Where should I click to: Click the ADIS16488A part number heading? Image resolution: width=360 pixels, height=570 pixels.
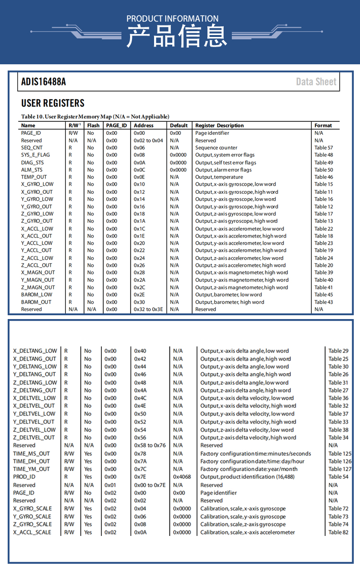click(x=44, y=82)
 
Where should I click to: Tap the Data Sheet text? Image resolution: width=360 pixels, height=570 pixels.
click(x=316, y=82)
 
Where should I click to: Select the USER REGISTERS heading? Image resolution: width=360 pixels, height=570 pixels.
click(x=53, y=103)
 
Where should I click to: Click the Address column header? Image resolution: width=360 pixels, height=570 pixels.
click(x=144, y=125)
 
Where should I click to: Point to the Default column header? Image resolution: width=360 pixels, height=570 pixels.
click(x=179, y=125)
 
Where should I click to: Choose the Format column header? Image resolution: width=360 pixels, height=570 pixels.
click(x=323, y=125)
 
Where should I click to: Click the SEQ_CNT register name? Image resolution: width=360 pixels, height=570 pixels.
click(x=32, y=148)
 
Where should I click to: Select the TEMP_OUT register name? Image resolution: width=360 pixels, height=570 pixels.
click(x=34, y=177)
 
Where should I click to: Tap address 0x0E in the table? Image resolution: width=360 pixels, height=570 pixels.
click(x=139, y=177)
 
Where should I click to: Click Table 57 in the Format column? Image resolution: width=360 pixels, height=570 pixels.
click(x=324, y=148)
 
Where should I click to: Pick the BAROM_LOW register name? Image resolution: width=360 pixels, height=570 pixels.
click(x=36, y=295)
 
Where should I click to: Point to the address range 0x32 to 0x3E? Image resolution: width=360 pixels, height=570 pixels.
click(x=148, y=309)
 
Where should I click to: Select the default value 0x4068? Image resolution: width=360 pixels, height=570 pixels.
click(x=182, y=477)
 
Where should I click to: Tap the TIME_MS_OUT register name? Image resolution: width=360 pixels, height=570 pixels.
click(x=31, y=453)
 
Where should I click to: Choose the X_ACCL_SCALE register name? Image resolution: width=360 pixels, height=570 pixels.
click(x=32, y=532)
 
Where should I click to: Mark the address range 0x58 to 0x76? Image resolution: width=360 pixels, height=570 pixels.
click(x=150, y=445)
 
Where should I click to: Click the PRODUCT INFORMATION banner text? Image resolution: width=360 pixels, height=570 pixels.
click(x=172, y=19)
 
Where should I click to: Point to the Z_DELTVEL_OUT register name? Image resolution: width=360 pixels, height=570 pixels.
click(x=34, y=438)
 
